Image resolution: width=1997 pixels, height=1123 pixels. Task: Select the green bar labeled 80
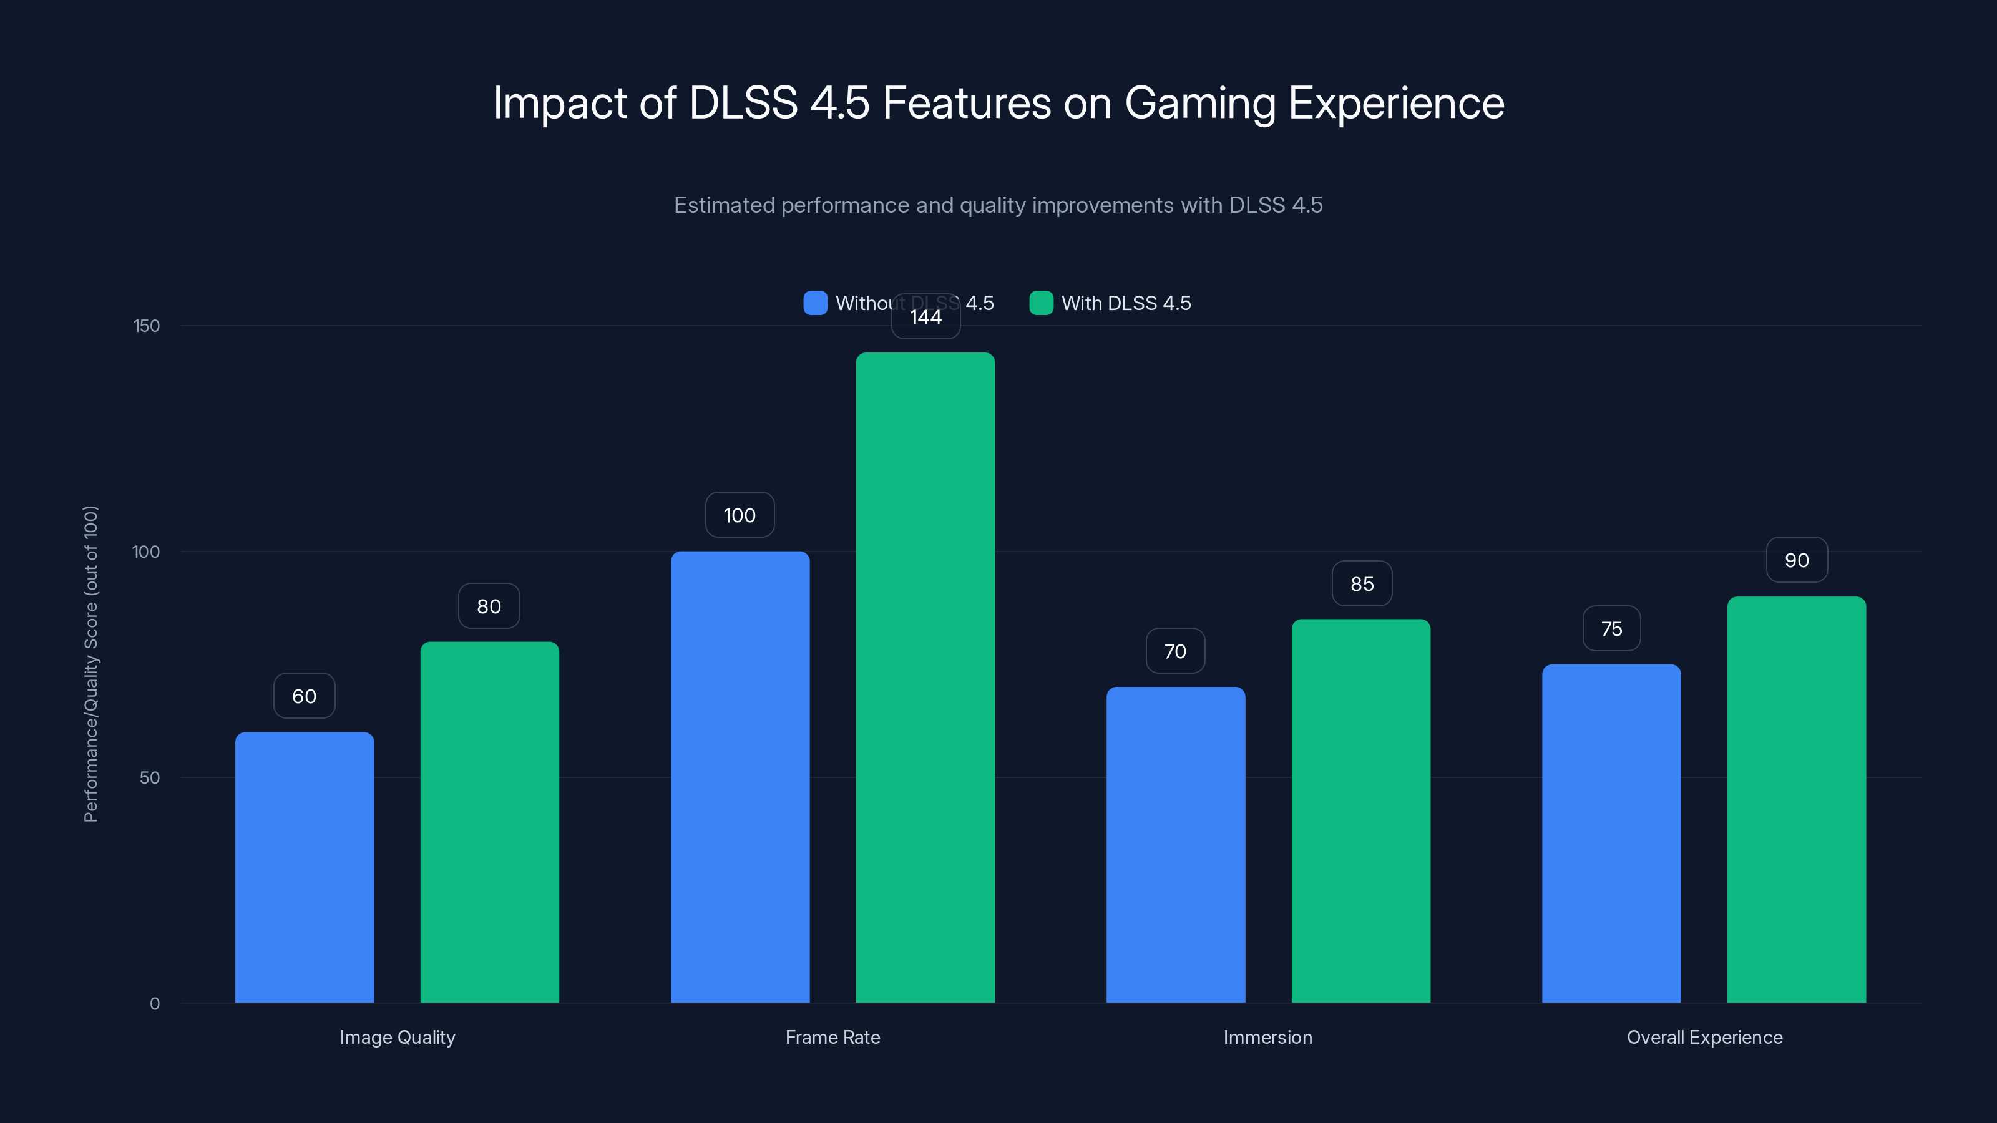pos(489,822)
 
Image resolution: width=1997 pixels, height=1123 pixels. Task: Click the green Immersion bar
pos(1360,810)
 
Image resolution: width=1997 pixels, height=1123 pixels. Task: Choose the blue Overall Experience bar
pos(1611,833)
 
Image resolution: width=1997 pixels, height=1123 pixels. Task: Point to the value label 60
pos(304,696)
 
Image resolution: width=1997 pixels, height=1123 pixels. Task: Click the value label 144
pos(925,317)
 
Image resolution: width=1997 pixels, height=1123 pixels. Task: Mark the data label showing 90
pos(1796,560)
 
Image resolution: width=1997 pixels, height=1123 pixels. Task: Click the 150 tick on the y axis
pos(147,326)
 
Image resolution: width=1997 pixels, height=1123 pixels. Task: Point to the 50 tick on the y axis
pos(150,777)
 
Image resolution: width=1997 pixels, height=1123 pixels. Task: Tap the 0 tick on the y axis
pos(154,1004)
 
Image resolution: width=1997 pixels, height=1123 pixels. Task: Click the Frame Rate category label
pos(832,1037)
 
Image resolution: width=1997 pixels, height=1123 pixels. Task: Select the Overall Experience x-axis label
pos(1704,1037)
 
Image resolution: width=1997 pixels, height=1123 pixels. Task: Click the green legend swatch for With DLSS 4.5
pos(1040,303)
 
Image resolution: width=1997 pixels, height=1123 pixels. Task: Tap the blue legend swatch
pos(815,303)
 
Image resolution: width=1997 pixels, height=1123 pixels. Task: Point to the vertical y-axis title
pos(90,663)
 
